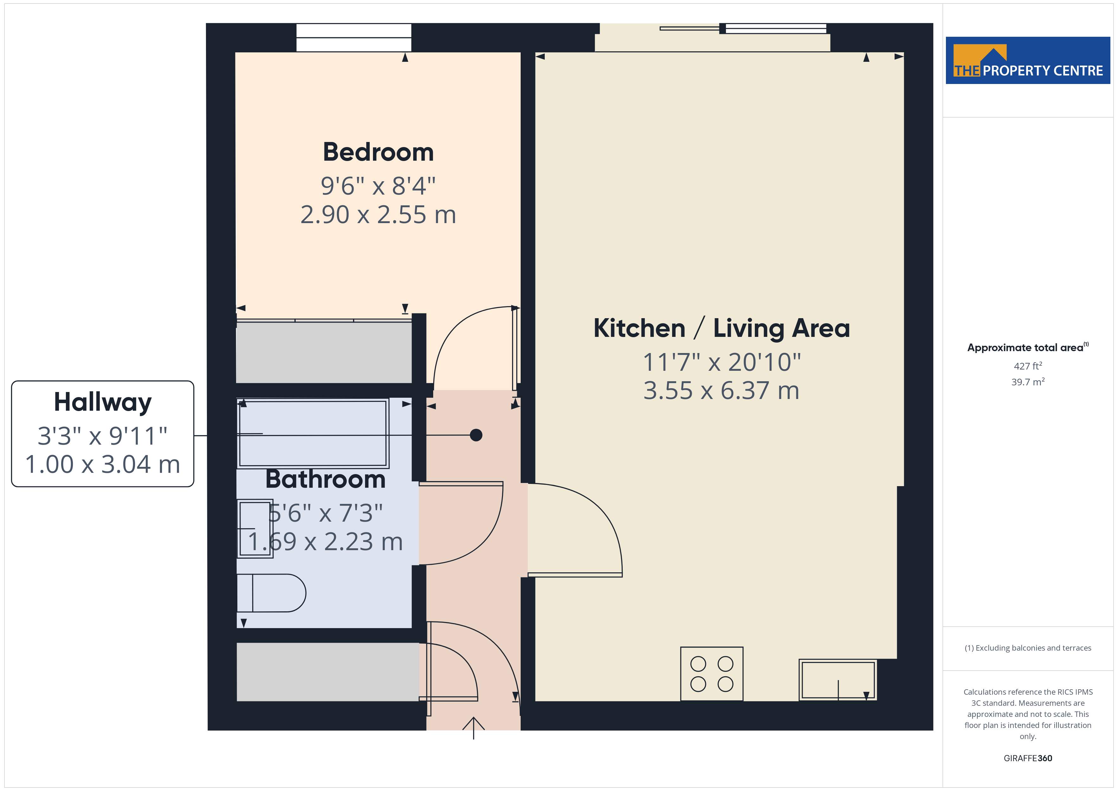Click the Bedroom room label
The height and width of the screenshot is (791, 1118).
(378, 152)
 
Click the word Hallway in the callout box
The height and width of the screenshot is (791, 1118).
(103, 403)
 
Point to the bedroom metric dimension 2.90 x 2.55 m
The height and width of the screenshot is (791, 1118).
(378, 215)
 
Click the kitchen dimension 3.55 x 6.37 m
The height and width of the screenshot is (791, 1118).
(722, 391)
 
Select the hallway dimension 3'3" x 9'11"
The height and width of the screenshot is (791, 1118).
(103, 436)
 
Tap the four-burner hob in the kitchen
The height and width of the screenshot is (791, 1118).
(711, 674)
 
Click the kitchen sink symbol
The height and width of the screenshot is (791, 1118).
(838, 680)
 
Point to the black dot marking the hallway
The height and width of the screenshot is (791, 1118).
(476, 435)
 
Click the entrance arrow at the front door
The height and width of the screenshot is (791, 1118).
(473, 728)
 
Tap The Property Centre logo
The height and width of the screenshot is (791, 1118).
(1028, 61)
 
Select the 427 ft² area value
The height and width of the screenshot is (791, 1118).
(1028, 366)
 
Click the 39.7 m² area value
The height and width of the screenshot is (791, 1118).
(1028, 382)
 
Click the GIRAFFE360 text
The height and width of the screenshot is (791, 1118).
(1028, 758)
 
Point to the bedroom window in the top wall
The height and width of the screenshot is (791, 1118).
(354, 37)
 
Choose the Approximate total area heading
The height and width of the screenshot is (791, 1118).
(1028, 347)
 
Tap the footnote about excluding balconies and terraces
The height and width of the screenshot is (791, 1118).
(1028, 648)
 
